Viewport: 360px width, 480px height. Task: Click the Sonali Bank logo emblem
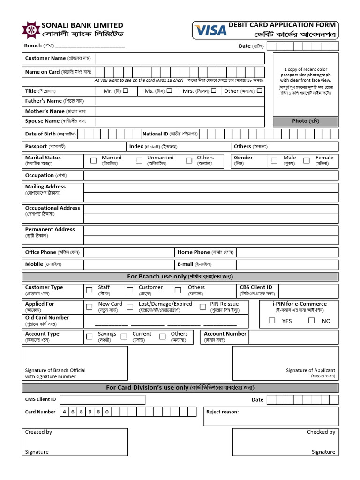(31, 30)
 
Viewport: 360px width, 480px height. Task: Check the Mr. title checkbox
(126, 91)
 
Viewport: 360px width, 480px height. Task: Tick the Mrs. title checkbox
(213, 91)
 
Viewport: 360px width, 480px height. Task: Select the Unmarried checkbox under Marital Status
(139, 160)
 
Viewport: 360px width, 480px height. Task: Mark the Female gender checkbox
(307, 160)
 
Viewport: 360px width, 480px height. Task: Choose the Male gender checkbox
(274, 160)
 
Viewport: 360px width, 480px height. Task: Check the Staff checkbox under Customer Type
(89, 290)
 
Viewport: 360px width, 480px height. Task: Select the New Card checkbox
(89, 307)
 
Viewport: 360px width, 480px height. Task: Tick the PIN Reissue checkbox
(203, 307)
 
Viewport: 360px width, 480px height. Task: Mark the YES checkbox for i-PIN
(272, 321)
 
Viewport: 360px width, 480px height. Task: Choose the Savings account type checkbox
(89, 337)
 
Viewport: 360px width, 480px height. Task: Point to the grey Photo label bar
(306, 121)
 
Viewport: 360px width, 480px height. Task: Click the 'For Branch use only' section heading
(180, 277)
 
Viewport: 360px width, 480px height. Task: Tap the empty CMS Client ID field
(103, 400)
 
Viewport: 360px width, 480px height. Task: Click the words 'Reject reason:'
(223, 412)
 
